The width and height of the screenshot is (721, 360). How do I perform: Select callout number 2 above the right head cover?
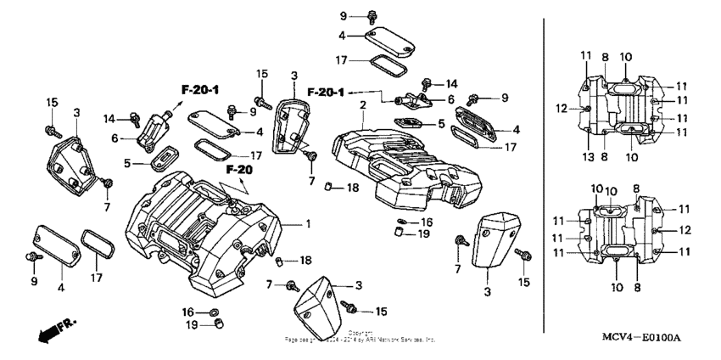coord(363,104)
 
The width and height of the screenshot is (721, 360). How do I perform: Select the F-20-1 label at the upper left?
coord(200,88)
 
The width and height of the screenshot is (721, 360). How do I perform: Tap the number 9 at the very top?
coord(344,16)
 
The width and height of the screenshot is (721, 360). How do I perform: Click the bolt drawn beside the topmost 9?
coord(372,16)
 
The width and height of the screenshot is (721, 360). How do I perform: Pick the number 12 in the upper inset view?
coord(560,109)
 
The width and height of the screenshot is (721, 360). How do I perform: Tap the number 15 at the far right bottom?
coord(523,281)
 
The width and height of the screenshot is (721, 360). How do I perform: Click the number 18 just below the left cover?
coord(305,260)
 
